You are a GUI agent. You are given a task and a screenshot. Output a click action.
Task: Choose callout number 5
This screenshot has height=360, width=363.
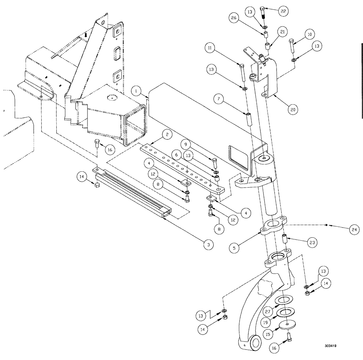tap(235, 249)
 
